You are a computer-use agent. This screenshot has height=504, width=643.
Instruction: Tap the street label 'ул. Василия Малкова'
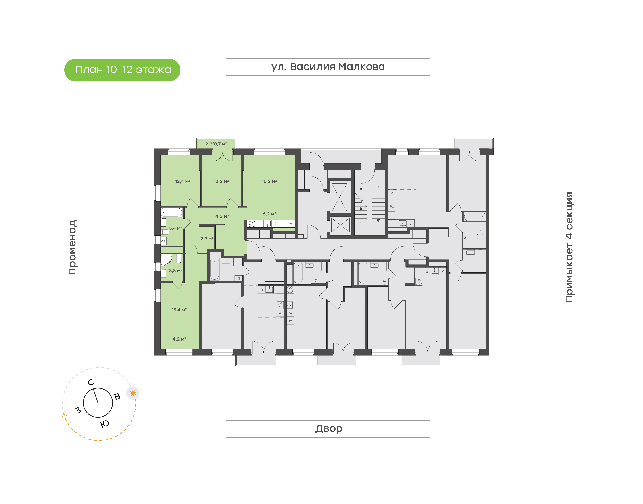(x=328, y=67)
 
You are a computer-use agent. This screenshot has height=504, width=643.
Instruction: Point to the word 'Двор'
(x=328, y=428)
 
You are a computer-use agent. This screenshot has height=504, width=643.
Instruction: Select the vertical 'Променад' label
(x=72, y=247)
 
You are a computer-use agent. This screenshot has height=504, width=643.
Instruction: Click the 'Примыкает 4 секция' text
(x=569, y=247)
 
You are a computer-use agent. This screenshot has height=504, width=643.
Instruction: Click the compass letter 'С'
(x=91, y=382)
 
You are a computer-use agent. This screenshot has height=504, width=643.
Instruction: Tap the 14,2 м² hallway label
(x=221, y=216)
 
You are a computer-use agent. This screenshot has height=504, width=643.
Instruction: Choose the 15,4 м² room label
(x=179, y=310)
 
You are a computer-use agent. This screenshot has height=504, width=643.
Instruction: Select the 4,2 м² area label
(x=179, y=339)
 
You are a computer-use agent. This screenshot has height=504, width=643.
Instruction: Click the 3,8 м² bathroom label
(x=175, y=270)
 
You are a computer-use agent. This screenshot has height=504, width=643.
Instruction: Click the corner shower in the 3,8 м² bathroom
(x=166, y=260)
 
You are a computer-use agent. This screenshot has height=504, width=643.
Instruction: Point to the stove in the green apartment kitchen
(x=252, y=224)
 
